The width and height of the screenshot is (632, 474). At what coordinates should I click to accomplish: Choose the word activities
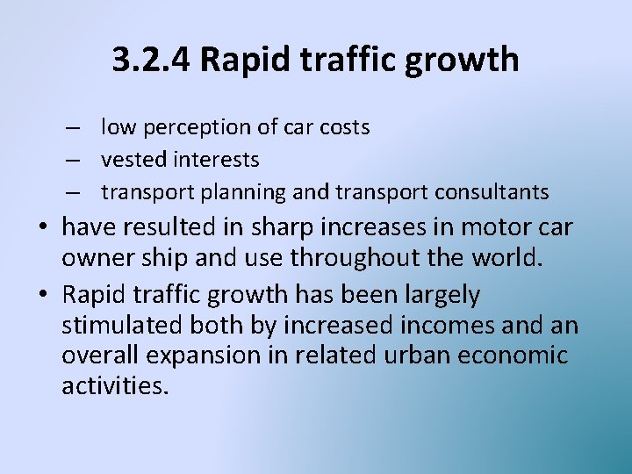[114, 386]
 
